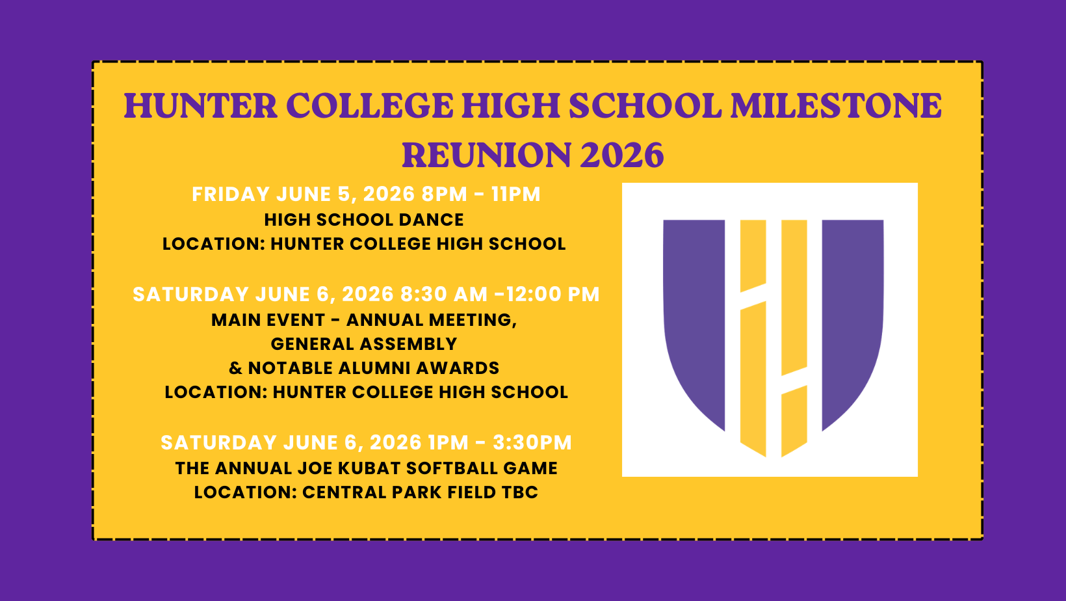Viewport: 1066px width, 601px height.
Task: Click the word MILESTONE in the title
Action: pos(836,106)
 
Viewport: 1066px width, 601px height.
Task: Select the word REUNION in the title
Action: pos(486,155)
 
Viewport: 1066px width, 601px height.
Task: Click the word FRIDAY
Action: pos(231,194)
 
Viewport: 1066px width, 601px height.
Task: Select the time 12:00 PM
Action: pos(552,294)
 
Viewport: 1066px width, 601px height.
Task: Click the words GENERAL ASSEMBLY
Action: pos(364,344)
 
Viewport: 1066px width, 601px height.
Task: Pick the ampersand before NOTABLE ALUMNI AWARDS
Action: pos(235,368)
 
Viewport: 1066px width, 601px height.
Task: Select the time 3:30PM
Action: pos(532,443)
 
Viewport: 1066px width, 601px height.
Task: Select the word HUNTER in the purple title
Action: pos(200,106)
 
